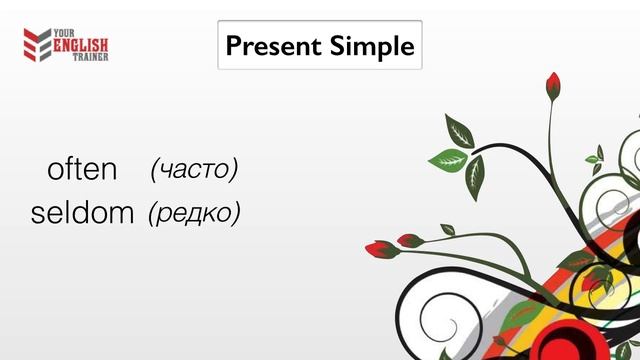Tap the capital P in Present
[x=233, y=45]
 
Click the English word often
[x=82, y=169]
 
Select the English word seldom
[x=83, y=213]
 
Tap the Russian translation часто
[x=194, y=169]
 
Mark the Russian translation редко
[x=194, y=213]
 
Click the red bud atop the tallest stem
[x=553, y=86]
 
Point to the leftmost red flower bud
[x=377, y=248]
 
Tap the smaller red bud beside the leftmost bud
[x=410, y=240]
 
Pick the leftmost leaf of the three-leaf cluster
[x=447, y=158]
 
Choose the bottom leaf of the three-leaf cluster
[x=475, y=176]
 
